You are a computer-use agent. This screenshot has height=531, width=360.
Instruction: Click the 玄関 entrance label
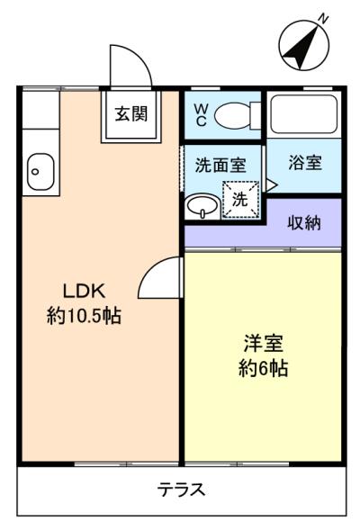[131, 113]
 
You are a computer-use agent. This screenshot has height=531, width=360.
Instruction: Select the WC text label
[201, 115]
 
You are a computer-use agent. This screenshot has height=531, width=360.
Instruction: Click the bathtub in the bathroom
[304, 114]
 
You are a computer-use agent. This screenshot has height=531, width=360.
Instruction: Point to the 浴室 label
[305, 163]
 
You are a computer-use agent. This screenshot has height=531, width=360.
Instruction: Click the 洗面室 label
[220, 166]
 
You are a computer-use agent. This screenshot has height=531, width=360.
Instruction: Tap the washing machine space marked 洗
[240, 200]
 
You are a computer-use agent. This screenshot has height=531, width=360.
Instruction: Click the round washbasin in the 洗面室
[202, 205]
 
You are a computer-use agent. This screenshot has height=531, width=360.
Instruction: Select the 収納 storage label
[304, 223]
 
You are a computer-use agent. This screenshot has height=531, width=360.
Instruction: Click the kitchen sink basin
[41, 172]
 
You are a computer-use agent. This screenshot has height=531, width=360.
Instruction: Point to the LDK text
[85, 291]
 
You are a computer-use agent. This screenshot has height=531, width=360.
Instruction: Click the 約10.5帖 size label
[84, 315]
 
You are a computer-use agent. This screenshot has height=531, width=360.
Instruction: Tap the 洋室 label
[264, 343]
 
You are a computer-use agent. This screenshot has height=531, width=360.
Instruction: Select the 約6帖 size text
[264, 368]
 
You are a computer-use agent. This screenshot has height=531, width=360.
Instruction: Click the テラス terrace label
[181, 490]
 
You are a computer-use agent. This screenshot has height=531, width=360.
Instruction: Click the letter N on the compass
[324, 19]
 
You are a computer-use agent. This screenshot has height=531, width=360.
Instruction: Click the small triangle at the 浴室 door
[272, 185]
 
